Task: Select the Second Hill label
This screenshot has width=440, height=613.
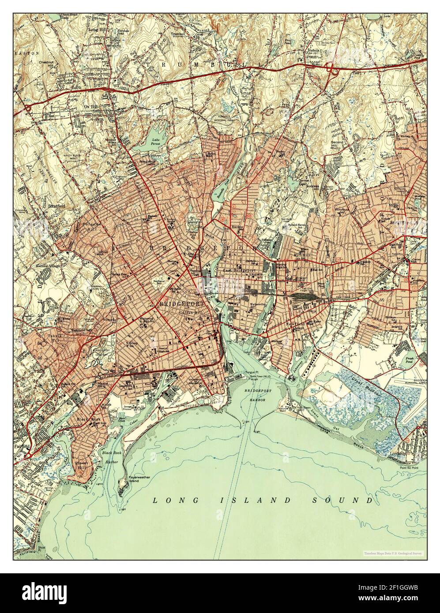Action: pyautogui.click(x=338, y=145)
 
